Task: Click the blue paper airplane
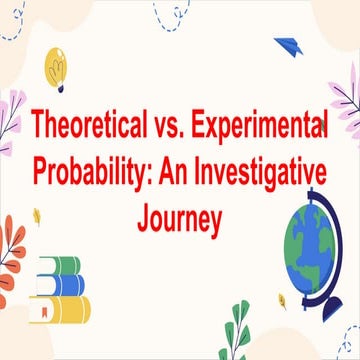[290, 47]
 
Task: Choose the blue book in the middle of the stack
[62, 286]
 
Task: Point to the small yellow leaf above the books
[37, 214]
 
